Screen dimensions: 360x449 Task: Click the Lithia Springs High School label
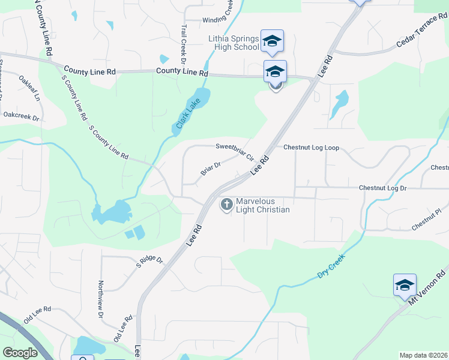[x=234, y=43]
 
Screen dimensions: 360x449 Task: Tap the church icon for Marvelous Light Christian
[x=227, y=205]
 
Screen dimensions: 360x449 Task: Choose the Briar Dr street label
[x=211, y=168]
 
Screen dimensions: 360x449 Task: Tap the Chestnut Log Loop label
[x=312, y=147]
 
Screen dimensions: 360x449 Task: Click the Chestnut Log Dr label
[x=383, y=188]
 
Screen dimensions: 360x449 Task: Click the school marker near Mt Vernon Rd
[x=405, y=284]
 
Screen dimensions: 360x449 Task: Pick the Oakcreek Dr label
[x=20, y=114]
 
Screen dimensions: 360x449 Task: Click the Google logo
[x=20, y=353]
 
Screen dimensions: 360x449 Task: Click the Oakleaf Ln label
[x=29, y=88]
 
